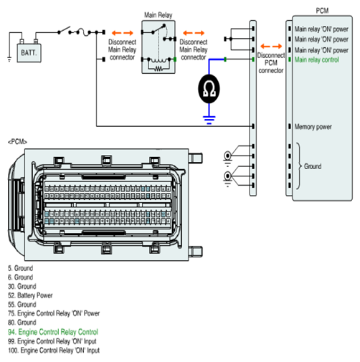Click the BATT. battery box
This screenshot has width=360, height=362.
[29, 53]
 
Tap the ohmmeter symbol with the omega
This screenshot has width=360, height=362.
[209, 89]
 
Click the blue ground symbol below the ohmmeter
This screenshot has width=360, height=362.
[209, 120]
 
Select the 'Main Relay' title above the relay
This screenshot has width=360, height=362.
[158, 15]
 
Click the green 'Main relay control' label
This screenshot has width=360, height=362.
[316, 59]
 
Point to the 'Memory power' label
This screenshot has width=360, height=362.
[313, 127]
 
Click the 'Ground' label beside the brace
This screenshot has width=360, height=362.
[313, 166]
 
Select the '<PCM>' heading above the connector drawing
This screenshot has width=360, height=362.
[17, 142]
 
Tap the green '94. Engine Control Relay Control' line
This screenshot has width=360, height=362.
[53, 332]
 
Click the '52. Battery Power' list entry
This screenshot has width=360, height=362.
[30, 295]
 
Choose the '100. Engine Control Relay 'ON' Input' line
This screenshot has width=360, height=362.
[54, 351]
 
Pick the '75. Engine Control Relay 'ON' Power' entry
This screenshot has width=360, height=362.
[54, 313]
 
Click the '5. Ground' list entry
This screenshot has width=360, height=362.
[20, 268]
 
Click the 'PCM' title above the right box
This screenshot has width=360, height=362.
[322, 11]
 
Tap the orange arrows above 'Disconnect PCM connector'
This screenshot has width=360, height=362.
[271, 46]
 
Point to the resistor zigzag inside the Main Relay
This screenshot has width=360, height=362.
[158, 69]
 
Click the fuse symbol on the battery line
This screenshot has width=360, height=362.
[83, 32]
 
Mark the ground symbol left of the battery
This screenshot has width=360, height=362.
[9, 59]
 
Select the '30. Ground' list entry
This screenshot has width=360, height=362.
[22, 286]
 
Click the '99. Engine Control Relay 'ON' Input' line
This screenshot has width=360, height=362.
[52, 341]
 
